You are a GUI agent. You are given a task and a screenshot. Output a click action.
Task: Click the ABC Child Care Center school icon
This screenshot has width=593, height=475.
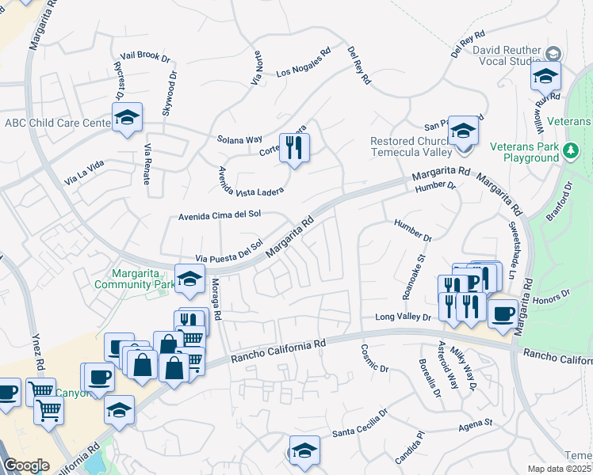(127, 118)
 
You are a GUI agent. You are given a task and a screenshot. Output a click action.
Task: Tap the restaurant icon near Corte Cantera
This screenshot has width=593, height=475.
(295, 147)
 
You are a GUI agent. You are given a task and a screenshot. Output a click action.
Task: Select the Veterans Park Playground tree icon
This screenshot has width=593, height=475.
(570, 149)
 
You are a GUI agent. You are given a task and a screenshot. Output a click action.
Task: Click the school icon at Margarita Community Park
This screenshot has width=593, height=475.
(189, 279)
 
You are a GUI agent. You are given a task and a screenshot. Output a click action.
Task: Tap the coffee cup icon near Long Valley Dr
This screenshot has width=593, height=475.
(502, 313)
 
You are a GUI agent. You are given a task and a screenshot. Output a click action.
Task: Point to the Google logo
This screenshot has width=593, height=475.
(26, 465)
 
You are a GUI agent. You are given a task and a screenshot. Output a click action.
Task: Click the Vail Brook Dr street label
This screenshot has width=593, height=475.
(143, 57)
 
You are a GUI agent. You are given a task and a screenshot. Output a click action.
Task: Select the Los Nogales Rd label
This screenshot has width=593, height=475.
(303, 63)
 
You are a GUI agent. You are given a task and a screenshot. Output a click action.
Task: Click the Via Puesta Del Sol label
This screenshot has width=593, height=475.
(228, 252)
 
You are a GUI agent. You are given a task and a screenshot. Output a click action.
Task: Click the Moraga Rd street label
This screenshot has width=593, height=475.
(216, 297)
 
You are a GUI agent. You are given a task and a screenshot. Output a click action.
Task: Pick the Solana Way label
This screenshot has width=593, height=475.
(239, 139)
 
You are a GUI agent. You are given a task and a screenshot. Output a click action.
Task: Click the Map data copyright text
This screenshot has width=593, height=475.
(560, 469)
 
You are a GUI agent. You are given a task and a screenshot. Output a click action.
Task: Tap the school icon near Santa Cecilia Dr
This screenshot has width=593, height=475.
(304, 450)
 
